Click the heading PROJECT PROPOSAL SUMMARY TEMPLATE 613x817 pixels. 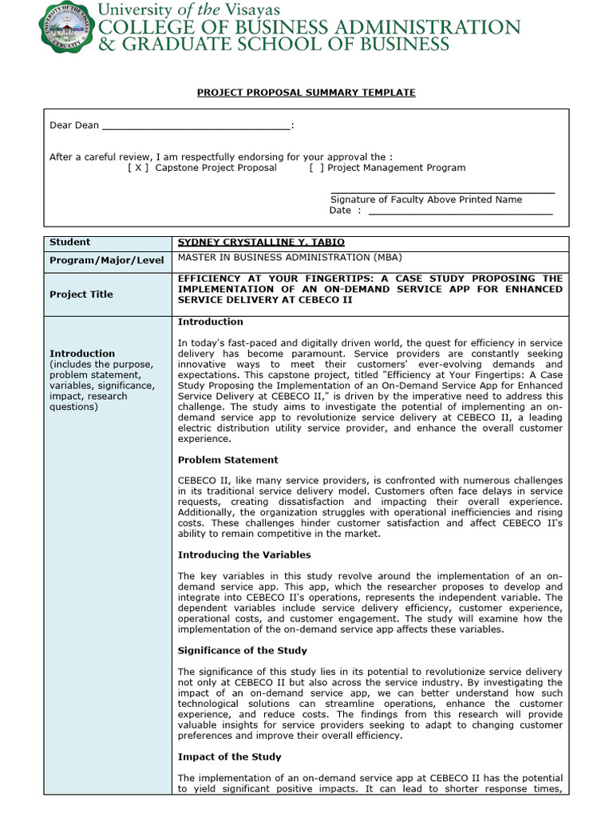click(306, 93)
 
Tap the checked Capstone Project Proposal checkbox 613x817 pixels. click(138, 168)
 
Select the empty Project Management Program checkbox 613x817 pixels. click(317, 168)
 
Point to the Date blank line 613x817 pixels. click(461, 211)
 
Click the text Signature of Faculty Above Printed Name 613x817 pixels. click(426, 199)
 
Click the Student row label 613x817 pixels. click(70, 242)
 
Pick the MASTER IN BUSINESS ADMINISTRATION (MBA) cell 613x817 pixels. click(290, 257)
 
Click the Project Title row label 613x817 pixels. click(81, 294)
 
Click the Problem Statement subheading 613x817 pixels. click(227, 460)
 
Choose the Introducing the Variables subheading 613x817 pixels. click(244, 555)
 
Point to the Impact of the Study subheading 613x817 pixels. click(229, 756)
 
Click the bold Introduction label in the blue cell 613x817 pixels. click(82, 353)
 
